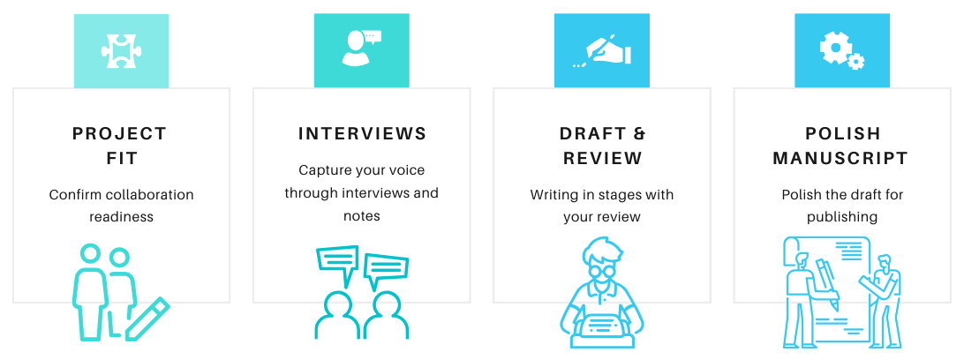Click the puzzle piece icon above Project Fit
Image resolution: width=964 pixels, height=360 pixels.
click(121, 50)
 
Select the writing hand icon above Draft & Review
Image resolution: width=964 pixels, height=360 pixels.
click(601, 50)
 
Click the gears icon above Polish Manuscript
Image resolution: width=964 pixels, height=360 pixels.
click(841, 50)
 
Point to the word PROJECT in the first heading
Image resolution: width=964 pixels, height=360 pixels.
click(120, 134)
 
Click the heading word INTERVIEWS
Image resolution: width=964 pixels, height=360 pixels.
click(362, 134)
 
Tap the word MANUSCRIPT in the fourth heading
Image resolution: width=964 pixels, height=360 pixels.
click(840, 159)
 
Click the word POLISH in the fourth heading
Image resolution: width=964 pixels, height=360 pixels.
click(842, 134)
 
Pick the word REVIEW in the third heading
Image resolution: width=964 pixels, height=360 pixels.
click(601, 159)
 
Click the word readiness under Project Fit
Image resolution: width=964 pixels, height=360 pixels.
click(121, 216)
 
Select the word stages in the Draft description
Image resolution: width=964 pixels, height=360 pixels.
click(623, 194)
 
